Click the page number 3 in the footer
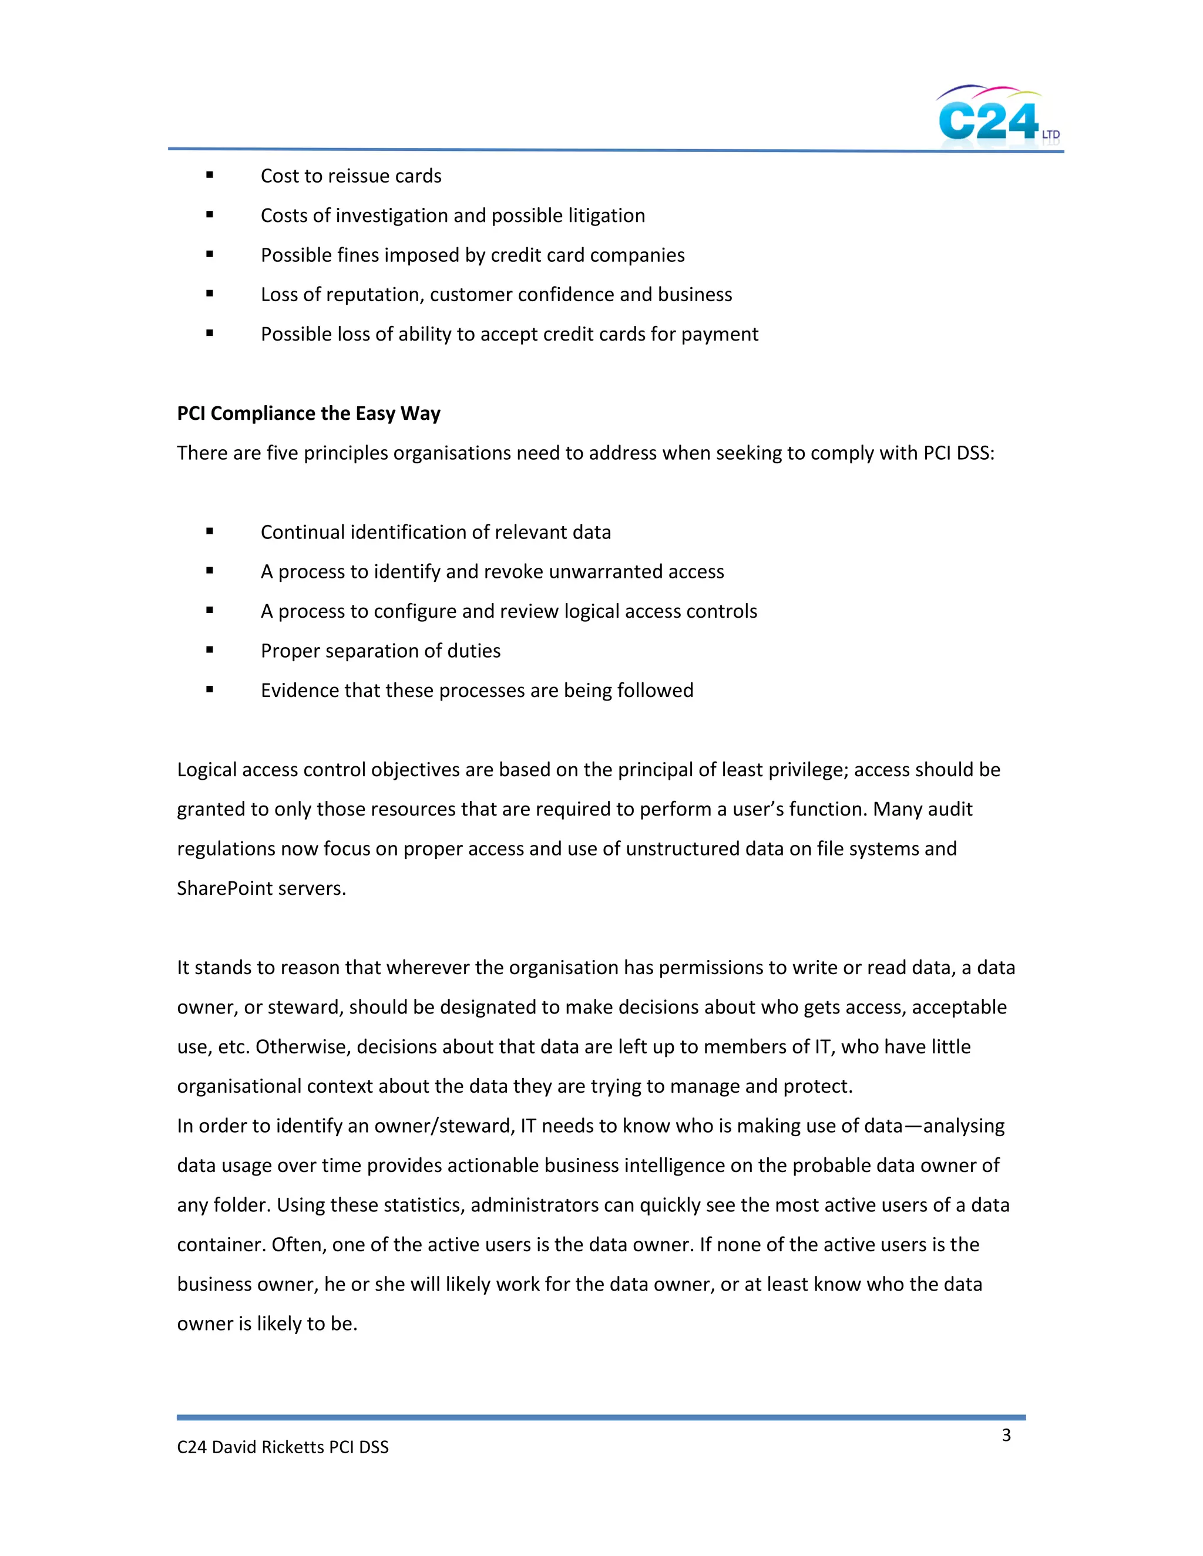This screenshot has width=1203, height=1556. point(1006,1435)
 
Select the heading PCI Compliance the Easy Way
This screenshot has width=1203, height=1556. point(308,413)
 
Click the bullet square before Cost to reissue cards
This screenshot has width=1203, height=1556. point(210,175)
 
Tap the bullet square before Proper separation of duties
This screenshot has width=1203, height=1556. point(210,650)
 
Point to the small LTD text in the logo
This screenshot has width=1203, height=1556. point(1050,134)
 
